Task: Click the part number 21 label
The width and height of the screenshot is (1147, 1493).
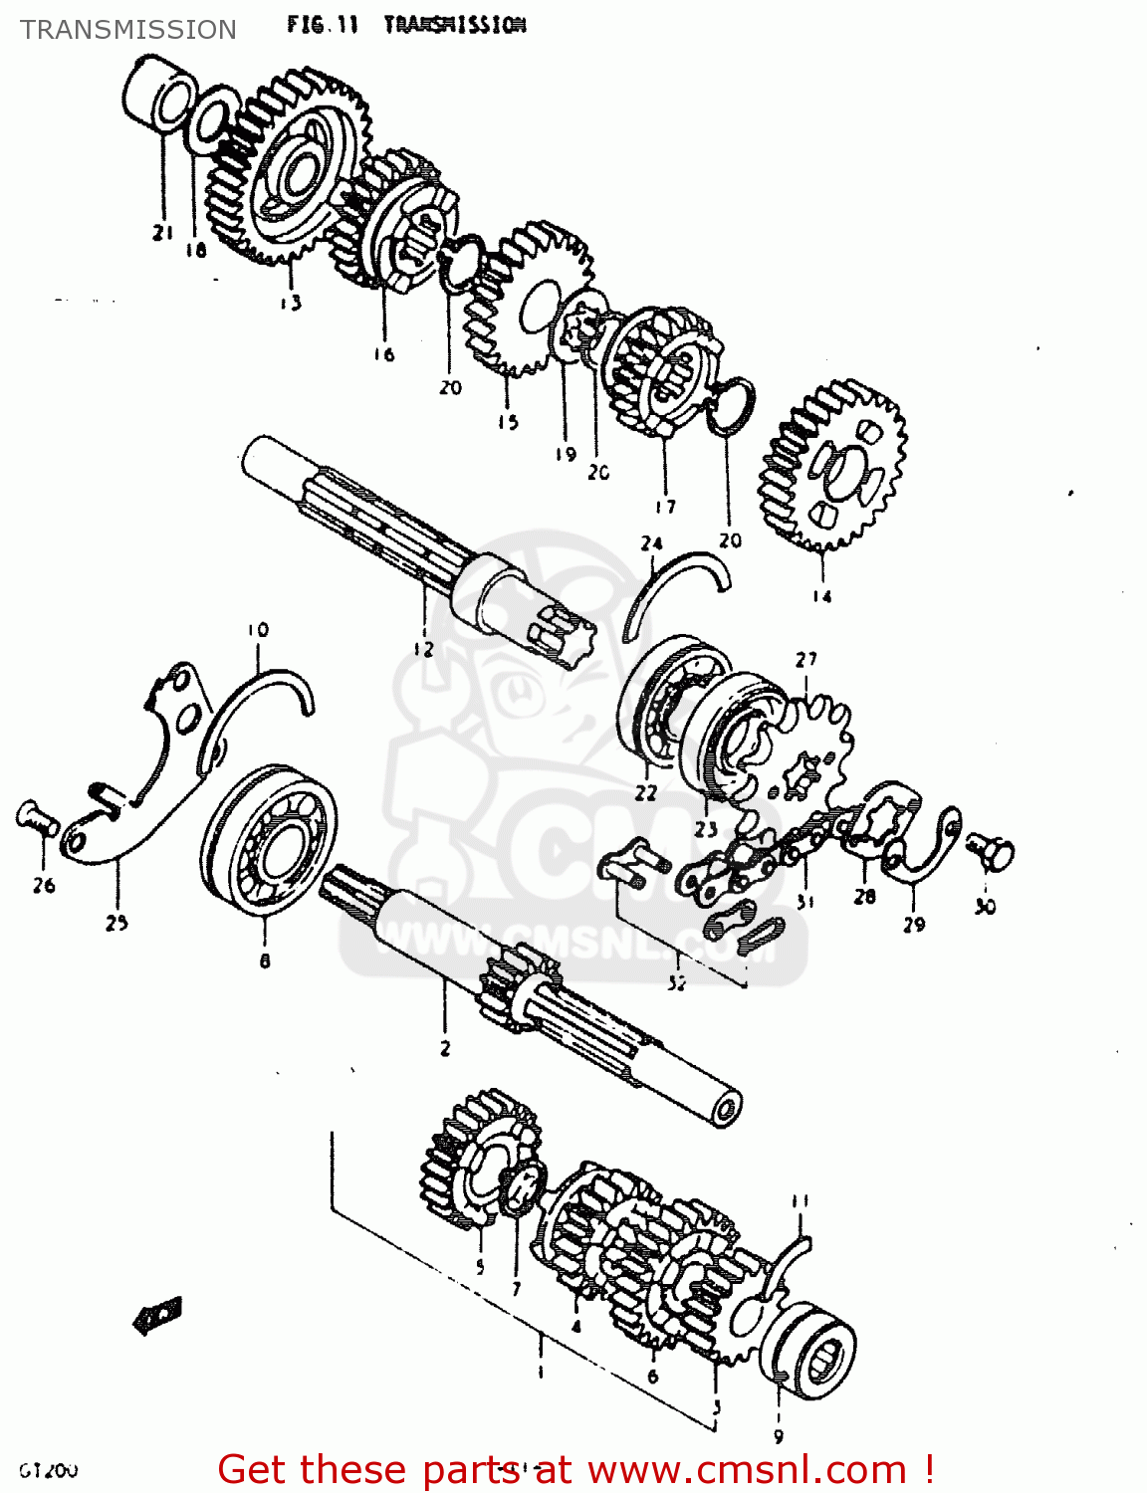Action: click(162, 233)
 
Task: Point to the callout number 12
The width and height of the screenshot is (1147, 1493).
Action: click(423, 649)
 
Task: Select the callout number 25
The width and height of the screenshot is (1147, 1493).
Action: click(116, 923)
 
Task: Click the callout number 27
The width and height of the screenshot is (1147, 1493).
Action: click(805, 659)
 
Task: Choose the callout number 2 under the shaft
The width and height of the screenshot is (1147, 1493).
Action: click(445, 1048)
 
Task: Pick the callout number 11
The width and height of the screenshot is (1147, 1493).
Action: click(801, 1201)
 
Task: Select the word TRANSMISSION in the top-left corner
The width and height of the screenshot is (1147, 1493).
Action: click(128, 30)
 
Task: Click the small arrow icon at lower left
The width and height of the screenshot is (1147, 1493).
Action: click(157, 1315)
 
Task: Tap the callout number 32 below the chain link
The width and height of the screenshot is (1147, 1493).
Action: click(676, 983)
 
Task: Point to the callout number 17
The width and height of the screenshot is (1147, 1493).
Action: click(665, 507)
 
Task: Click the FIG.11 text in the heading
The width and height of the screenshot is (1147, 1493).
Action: click(322, 25)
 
